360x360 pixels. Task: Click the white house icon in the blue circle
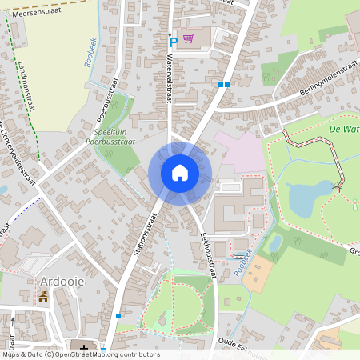click(180, 173)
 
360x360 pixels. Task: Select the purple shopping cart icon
click(188, 38)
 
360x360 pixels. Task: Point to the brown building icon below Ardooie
click(43, 297)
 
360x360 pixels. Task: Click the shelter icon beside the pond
click(338, 186)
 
